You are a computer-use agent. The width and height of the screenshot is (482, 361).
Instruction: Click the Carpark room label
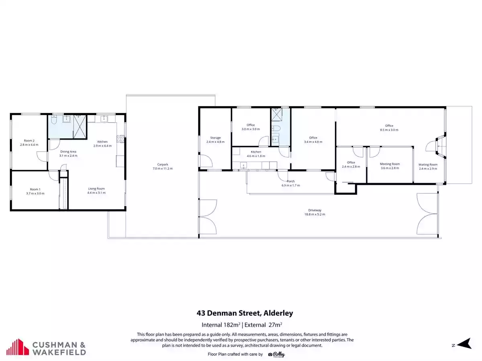pos(163,164)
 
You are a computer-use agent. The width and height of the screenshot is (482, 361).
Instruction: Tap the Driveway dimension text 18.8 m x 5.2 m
pos(315,214)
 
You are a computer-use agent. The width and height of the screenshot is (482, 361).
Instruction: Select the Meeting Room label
pos(390,164)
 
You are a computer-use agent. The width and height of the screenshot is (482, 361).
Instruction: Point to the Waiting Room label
pos(428,164)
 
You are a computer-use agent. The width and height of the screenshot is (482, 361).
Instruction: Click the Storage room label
pos(215,138)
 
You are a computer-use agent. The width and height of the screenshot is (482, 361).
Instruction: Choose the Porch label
pos(290,181)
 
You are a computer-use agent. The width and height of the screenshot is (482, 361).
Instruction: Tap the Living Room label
pos(96,189)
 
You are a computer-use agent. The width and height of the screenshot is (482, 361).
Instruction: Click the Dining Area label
pos(68,152)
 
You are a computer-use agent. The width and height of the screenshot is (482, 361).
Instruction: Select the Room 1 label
pos(35,189)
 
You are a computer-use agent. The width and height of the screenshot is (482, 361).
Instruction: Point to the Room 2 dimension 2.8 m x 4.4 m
pos(29,145)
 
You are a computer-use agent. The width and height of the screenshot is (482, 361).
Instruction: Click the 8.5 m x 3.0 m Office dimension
pos(389,130)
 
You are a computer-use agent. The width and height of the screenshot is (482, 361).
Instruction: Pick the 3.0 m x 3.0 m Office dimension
pos(251,129)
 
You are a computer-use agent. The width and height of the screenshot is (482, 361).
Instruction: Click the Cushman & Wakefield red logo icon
pos(18,347)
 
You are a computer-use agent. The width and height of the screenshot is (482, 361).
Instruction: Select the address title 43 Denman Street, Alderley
pos(245,313)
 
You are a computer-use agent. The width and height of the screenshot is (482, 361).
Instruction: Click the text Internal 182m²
pos(221,324)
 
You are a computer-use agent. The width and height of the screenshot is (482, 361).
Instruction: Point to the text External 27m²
pos(263,324)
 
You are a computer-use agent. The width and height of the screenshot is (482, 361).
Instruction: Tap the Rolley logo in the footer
pos(276,355)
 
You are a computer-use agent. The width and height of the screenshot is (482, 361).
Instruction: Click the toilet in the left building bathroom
pos(54,120)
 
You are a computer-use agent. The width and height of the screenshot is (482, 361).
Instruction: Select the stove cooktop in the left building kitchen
pos(120,139)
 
